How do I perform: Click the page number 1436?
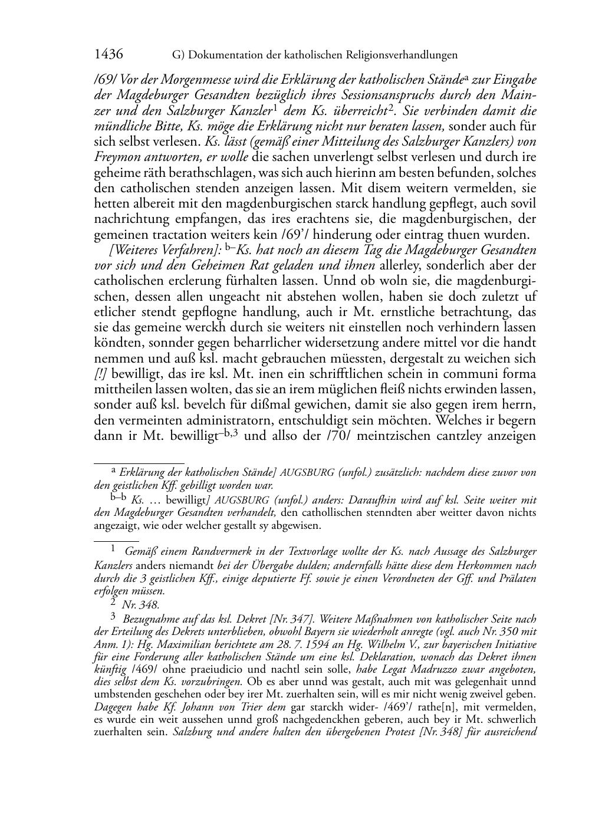108,55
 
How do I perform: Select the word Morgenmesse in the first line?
177,80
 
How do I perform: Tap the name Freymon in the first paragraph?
114,157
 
